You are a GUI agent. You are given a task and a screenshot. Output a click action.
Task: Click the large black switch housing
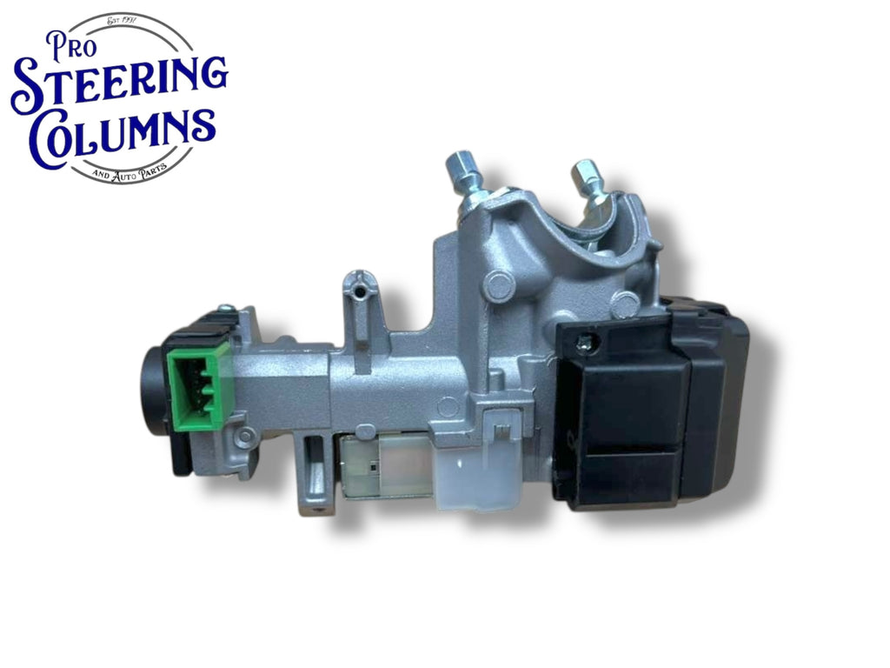(x=652, y=404)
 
